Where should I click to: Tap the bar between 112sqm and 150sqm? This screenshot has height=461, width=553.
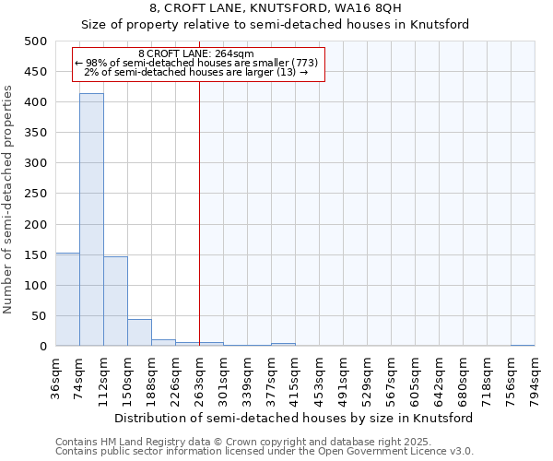(115, 301)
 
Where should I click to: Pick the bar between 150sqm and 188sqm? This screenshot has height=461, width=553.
(139, 333)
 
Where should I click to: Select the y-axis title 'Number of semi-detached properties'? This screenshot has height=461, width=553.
(9, 199)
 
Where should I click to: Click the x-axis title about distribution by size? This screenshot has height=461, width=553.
(294, 418)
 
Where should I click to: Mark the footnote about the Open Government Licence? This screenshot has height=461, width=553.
(265, 452)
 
